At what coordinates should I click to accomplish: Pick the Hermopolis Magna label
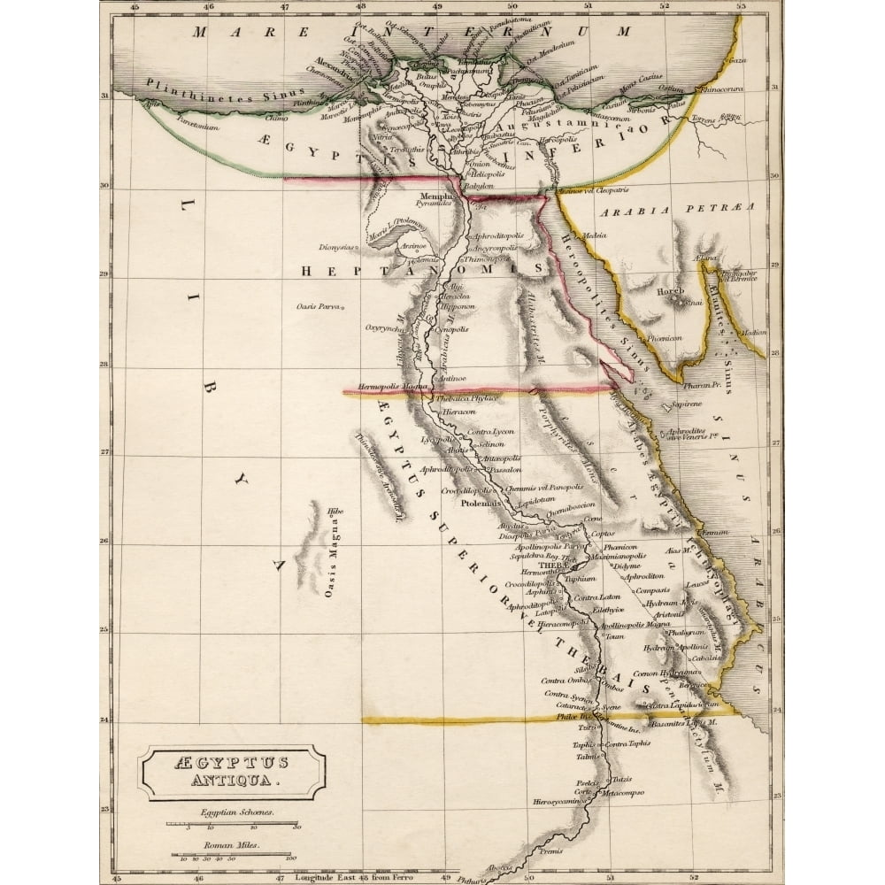click(394, 387)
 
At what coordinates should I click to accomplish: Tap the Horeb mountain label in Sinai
click(670, 291)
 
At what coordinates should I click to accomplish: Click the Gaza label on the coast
click(735, 60)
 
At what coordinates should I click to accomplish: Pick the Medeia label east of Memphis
click(594, 235)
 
